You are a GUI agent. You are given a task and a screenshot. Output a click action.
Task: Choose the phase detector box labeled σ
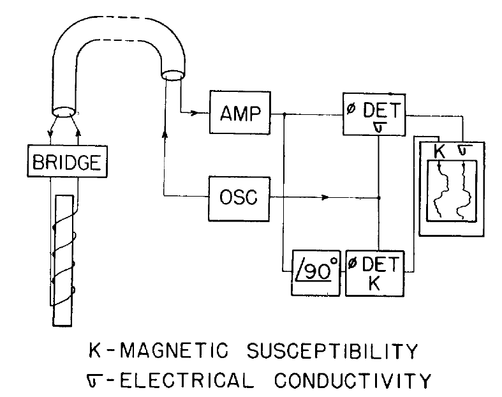pos(375,116)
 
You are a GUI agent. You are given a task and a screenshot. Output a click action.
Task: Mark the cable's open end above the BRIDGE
pos(63,112)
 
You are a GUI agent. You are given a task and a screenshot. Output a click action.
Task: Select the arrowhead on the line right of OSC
pos(327,198)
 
